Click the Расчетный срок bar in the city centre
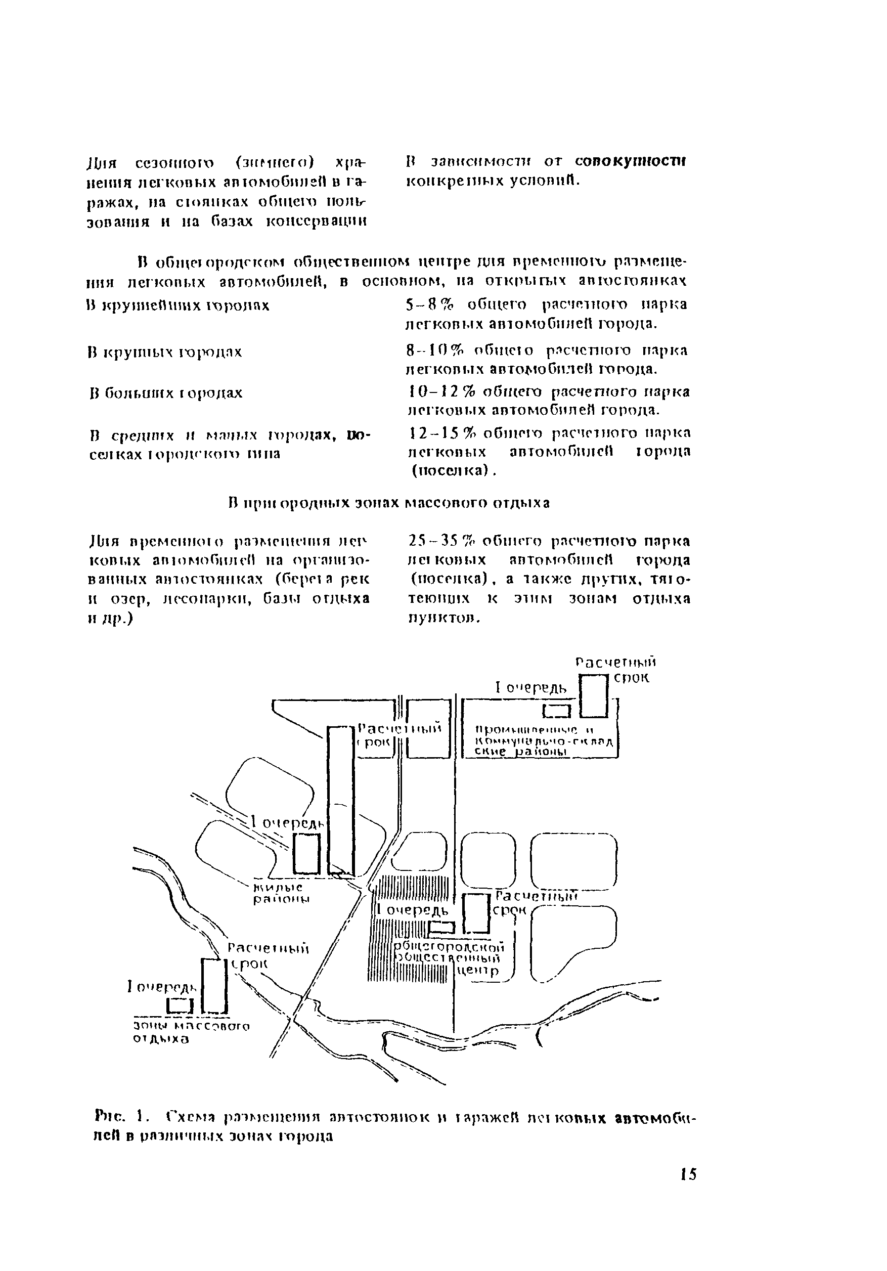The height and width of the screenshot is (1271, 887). (476, 913)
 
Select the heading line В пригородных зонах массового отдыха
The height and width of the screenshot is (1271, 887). (389, 503)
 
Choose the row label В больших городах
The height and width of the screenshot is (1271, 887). (166, 393)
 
